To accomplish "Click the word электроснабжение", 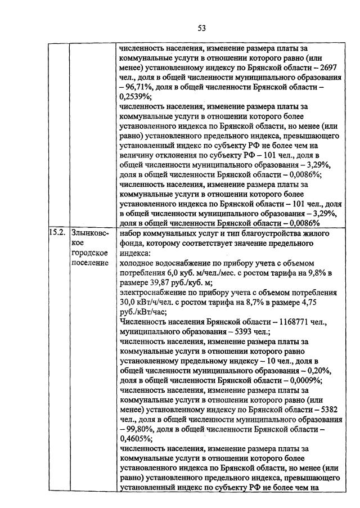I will (x=154, y=293).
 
